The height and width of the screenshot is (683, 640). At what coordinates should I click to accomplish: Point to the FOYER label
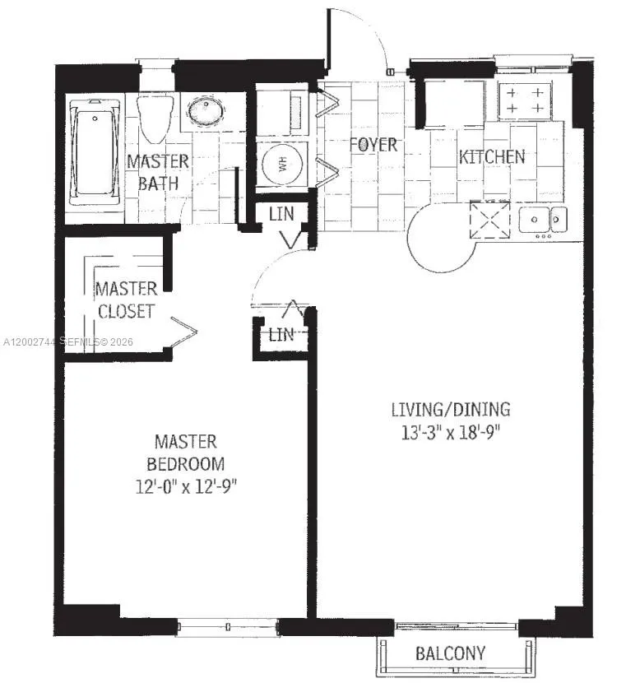(x=373, y=145)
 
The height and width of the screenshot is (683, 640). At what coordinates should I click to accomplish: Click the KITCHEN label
(x=491, y=156)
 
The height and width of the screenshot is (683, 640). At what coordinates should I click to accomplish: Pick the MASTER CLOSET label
(x=126, y=300)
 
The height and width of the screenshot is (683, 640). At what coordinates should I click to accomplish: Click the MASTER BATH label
(x=158, y=172)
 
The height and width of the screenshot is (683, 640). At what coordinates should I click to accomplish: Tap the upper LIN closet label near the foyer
(x=281, y=214)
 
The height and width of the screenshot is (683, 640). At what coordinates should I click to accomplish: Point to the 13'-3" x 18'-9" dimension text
(x=450, y=433)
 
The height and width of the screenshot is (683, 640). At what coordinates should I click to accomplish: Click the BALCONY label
(x=449, y=654)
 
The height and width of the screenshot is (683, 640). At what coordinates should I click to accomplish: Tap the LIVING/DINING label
(x=450, y=409)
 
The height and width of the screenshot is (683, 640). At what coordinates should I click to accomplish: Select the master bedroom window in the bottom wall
(x=228, y=628)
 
